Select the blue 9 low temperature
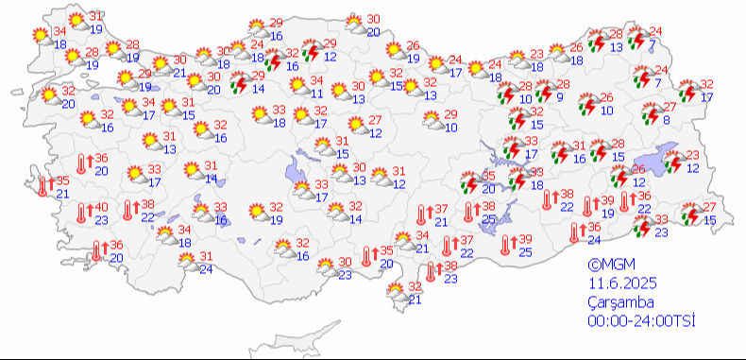click(559, 97)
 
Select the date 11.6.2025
click(618, 283)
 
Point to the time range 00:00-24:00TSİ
click(639, 320)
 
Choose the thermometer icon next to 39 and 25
click(507, 246)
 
